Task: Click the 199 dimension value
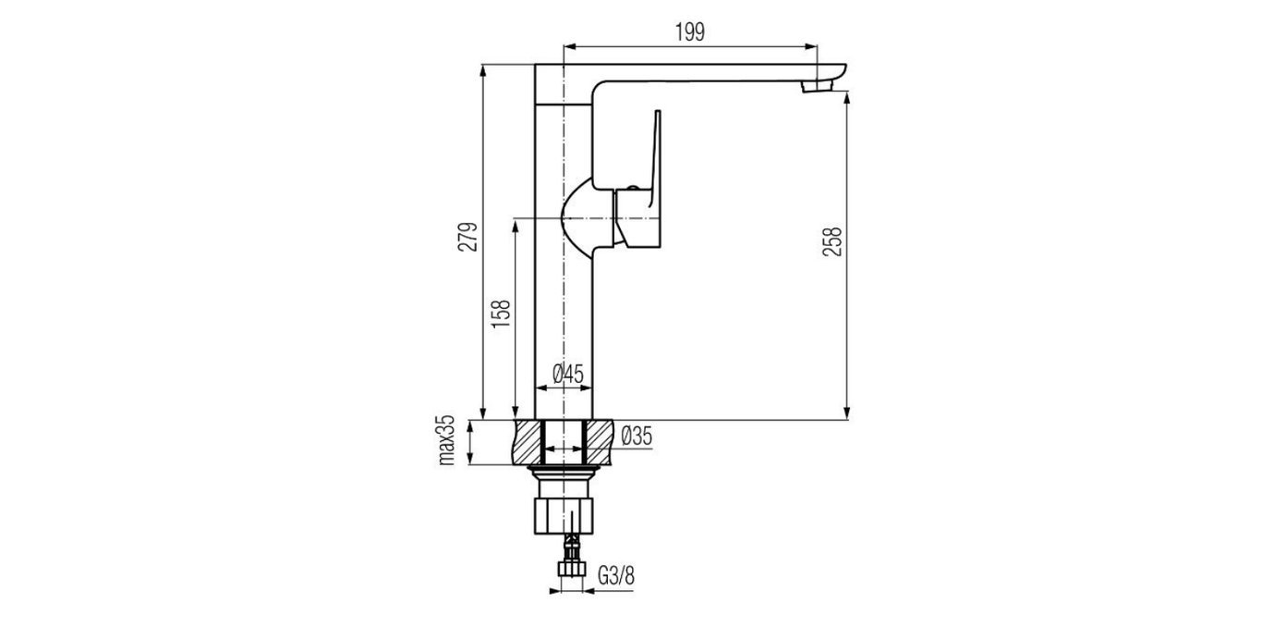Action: (689, 32)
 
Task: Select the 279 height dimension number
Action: (467, 237)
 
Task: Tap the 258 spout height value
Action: (832, 241)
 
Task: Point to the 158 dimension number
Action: (501, 313)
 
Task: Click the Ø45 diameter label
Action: (568, 374)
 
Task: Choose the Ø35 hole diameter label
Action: (637, 436)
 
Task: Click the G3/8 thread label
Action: (616, 576)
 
